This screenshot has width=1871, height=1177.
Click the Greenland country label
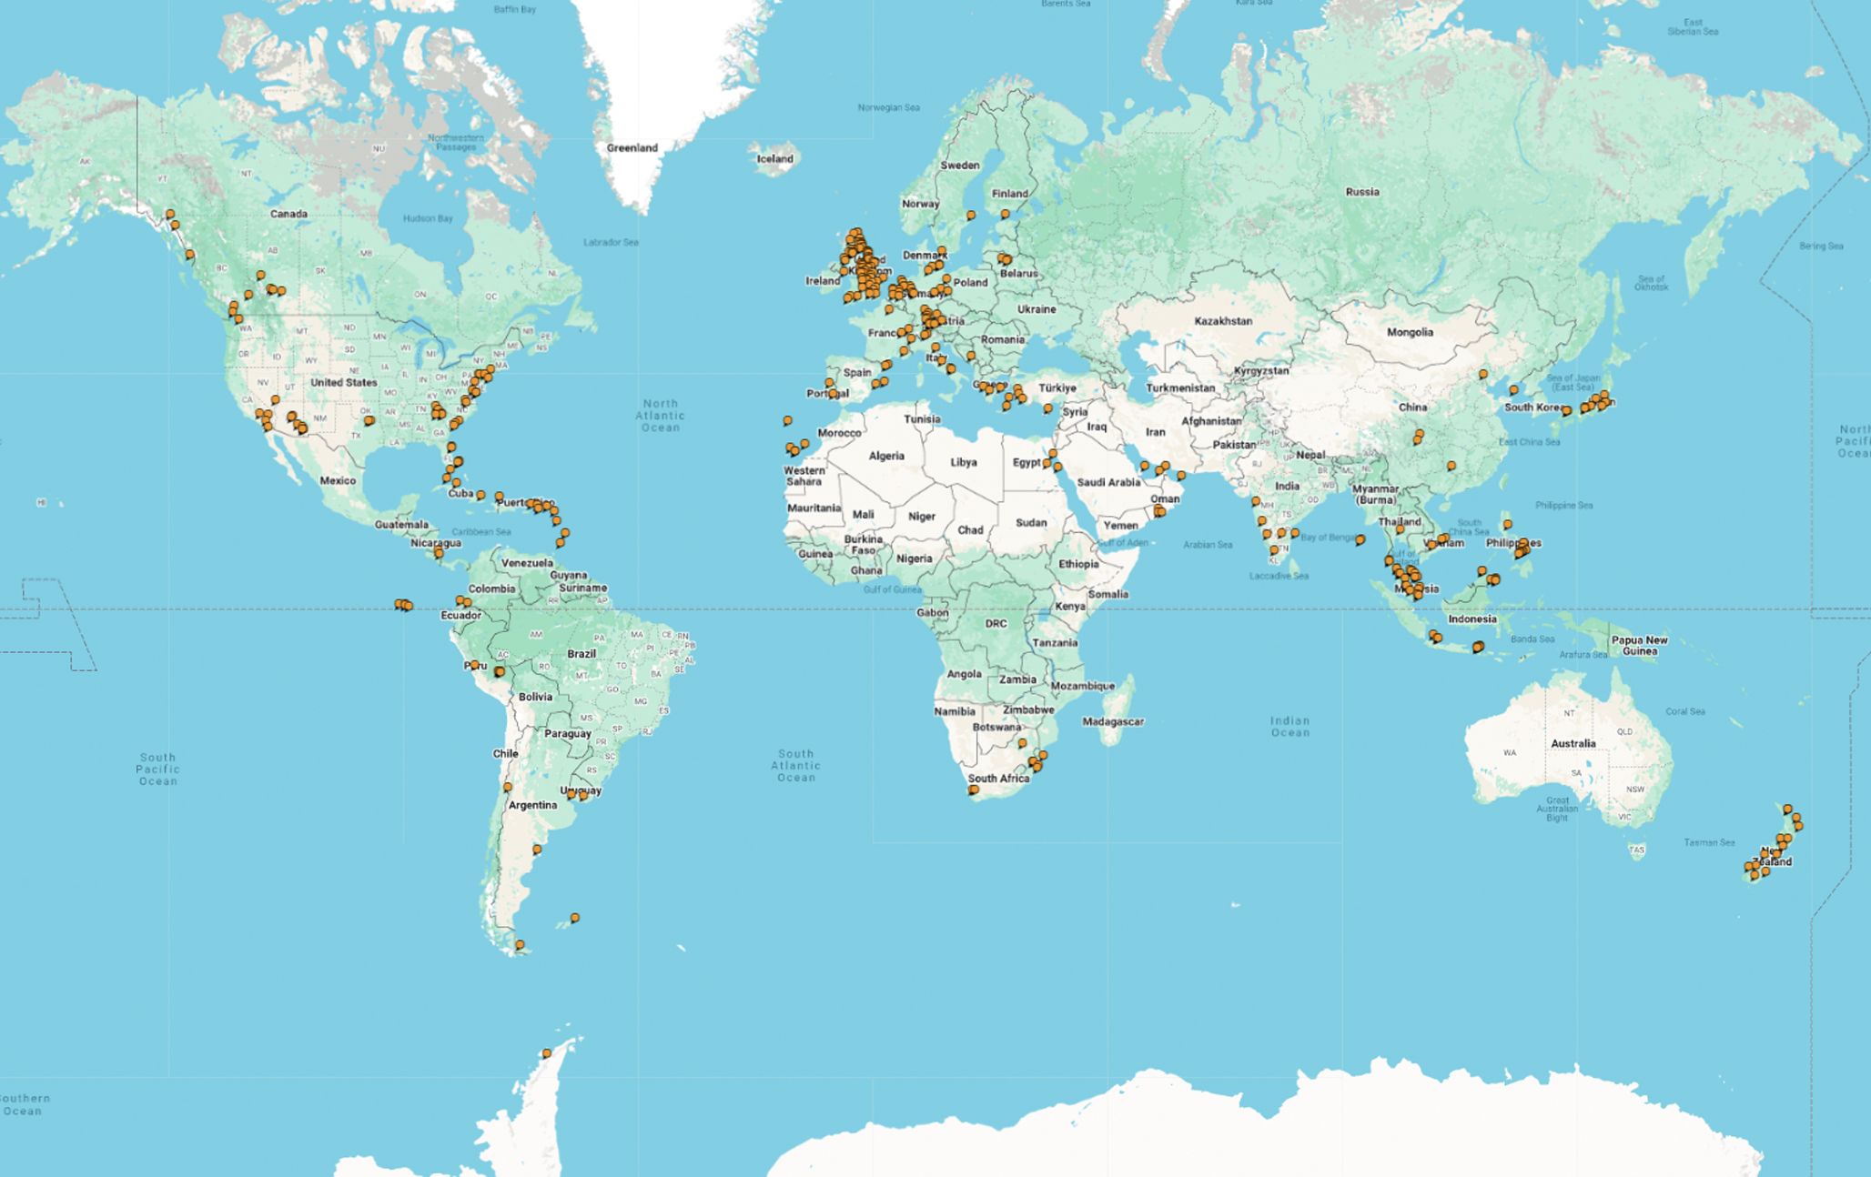[x=632, y=147]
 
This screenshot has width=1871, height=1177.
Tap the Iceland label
[x=774, y=158]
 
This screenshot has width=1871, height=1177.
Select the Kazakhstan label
[x=1223, y=321]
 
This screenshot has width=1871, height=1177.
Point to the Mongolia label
[x=1410, y=332]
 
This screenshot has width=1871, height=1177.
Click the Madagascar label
[x=1112, y=721]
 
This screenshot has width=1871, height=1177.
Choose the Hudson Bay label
[x=428, y=218]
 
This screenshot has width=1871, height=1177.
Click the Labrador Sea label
[x=611, y=242]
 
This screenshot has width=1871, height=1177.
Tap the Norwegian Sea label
[x=888, y=107]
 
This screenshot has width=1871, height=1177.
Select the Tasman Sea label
[x=1709, y=842]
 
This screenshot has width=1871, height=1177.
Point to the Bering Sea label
[x=1821, y=246]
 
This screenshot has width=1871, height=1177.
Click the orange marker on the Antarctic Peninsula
[x=547, y=1053]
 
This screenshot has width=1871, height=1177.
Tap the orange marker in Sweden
[x=971, y=216]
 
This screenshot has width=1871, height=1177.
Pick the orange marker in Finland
[x=1005, y=214]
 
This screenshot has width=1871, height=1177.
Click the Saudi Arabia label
[x=1107, y=482]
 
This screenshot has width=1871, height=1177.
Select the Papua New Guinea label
[x=1639, y=645]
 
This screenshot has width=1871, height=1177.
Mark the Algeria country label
[x=886, y=456]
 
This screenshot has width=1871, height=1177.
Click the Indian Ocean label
[x=1289, y=726]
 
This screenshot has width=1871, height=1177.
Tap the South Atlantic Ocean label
[x=795, y=765]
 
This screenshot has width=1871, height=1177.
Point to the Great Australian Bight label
[x=1557, y=809]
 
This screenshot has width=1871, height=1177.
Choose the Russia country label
[x=1362, y=192]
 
